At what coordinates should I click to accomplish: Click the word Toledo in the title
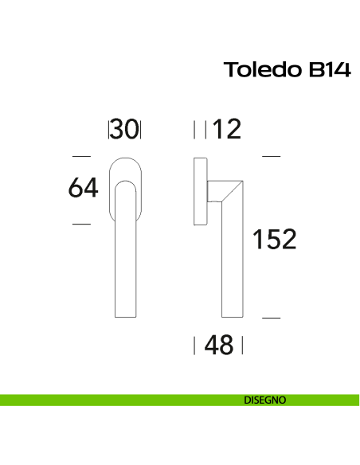point(260,70)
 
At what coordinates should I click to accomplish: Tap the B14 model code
point(324,70)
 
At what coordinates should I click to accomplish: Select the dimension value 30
point(124,129)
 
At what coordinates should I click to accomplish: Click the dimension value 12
point(227,129)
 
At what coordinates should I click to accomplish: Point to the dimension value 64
point(83,189)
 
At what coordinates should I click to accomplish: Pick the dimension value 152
point(274,239)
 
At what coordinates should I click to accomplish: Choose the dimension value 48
point(219,346)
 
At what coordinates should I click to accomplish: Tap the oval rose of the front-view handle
point(124,169)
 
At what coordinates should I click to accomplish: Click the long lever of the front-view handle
point(124,263)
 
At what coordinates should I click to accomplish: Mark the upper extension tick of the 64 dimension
point(81,157)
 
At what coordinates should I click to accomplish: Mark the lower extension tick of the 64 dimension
point(81,225)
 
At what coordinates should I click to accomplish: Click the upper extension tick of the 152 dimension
point(272,157)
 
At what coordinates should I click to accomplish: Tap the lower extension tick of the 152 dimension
point(272,318)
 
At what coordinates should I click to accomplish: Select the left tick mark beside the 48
point(195,346)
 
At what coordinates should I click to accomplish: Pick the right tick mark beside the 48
point(242,346)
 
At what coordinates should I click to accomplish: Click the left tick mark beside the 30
point(108,129)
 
